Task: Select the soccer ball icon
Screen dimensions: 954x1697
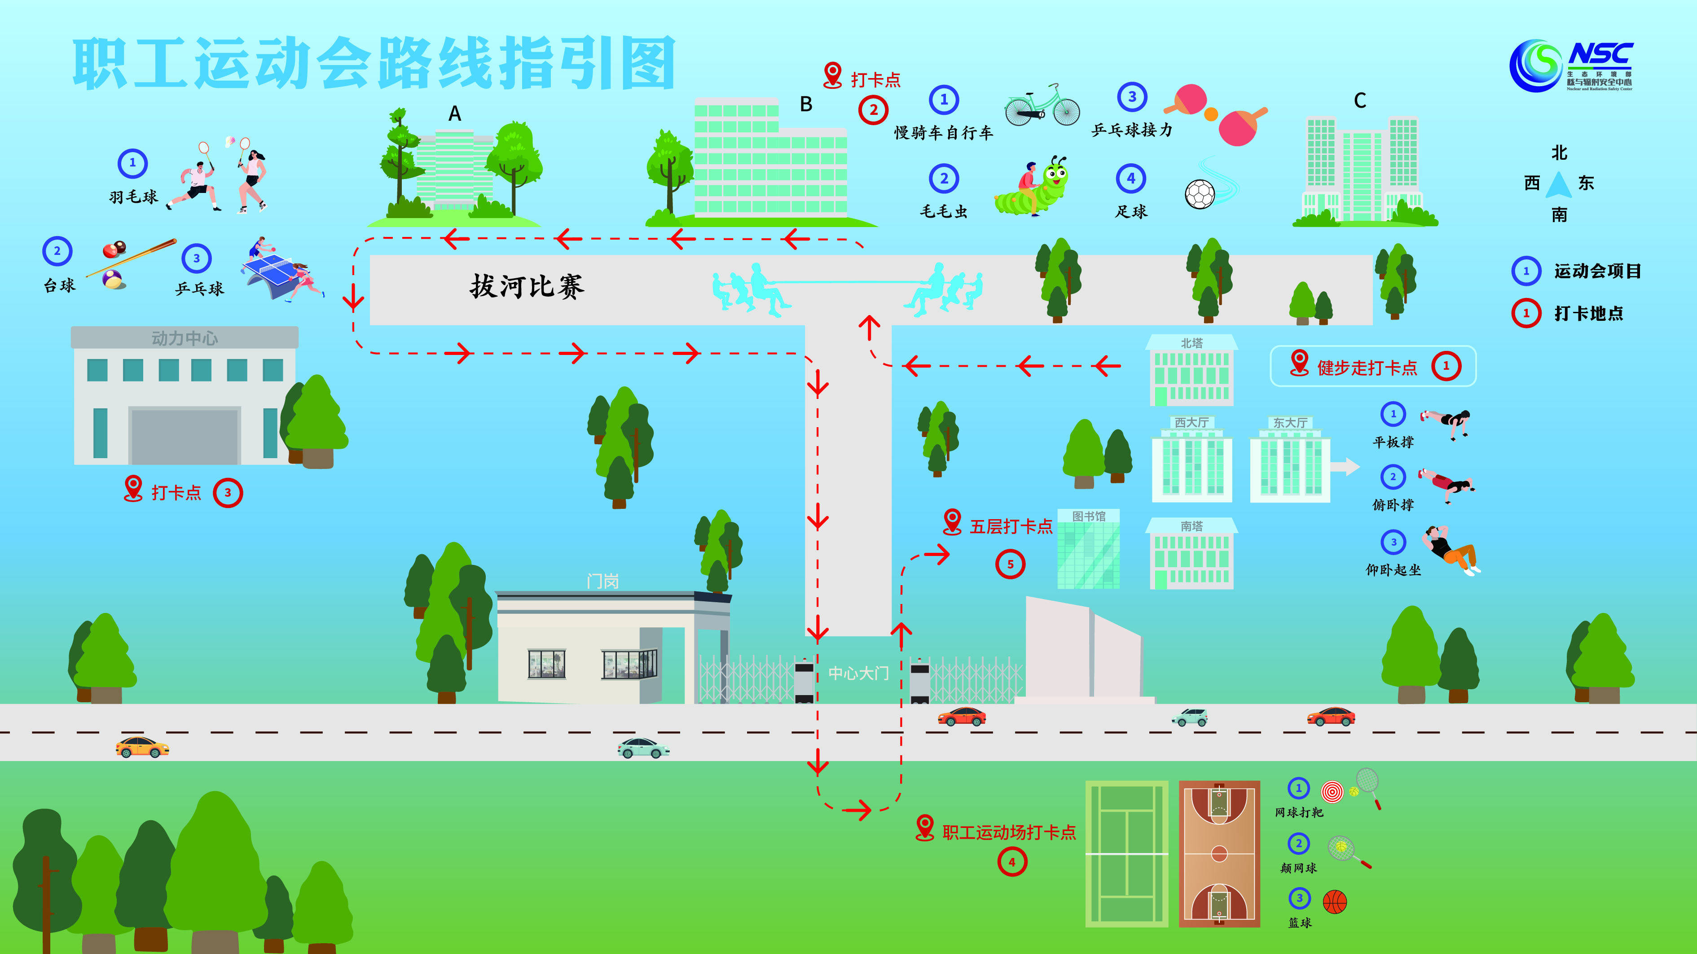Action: [x=1200, y=194]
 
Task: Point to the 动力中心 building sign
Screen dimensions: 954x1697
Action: [x=185, y=338]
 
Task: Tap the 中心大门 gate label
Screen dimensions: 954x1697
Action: [x=858, y=673]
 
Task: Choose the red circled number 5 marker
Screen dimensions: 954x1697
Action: [x=1010, y=564]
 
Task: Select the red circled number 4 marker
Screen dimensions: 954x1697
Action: [x=1012, y=862]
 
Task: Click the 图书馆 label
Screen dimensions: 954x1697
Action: [x=1088, y=516]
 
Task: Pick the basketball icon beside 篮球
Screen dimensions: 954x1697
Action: [x=1335, y=902]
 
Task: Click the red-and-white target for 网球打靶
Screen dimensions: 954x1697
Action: [x=1332, y=792]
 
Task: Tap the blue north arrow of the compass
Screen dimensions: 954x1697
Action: [x=1559, y=185]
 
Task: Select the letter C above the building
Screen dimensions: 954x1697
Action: [x=1360, y=101]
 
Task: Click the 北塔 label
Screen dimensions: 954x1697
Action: [x=1191, y=343]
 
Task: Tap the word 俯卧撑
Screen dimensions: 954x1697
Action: [x=1393, y=505]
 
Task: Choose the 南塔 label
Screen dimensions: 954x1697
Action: [x=1191, y=526]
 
